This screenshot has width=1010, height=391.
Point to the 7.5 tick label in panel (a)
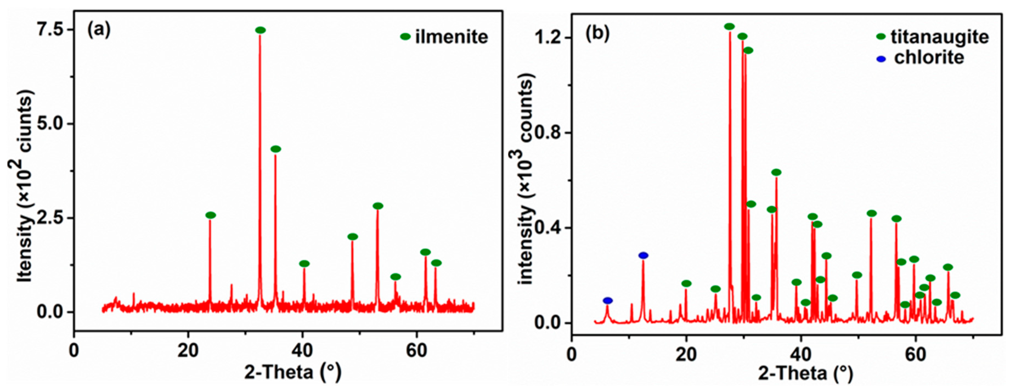pos(50,30)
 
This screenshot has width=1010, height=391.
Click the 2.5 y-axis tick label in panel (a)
pos(50,218)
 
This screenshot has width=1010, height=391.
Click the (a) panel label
pos(99,30)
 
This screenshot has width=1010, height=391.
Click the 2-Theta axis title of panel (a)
pos(293,372)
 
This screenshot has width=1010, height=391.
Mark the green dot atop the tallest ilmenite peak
pos(260,30)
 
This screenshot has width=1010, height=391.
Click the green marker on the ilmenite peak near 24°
pos(211,215)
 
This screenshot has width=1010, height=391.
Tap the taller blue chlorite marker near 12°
pos(643,256)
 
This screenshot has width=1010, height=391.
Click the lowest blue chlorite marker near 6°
pos(608,301)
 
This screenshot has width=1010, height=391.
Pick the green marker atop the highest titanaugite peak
pos(729,27)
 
